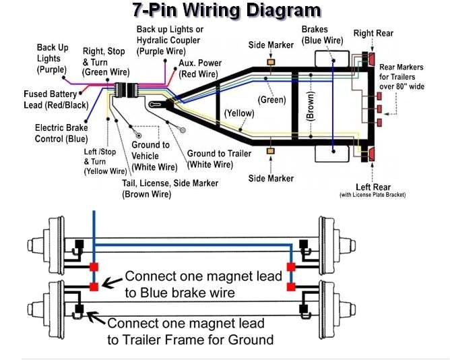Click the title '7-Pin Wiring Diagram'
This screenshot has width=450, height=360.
[x=225, y=10]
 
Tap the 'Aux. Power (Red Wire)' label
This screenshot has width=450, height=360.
[x=200, y=68]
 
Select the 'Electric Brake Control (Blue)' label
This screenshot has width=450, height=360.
[x=61, y=133]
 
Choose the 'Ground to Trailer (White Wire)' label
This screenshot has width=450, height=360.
[x=218, y=159]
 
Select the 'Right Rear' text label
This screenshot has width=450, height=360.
[x=373, y=33]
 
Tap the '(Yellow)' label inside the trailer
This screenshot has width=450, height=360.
[x=238, y=113]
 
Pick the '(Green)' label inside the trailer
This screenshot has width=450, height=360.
[x=271, y=99]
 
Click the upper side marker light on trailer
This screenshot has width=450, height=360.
[x=271, y=63]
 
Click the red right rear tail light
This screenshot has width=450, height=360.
[x=371, y=59]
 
